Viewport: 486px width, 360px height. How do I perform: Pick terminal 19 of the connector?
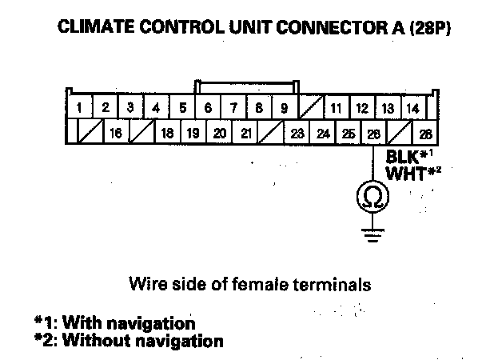click(x=193, y=133)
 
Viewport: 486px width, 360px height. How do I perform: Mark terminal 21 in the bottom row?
click(x=246, y=133)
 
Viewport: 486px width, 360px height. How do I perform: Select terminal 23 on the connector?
click(x=297, y=133)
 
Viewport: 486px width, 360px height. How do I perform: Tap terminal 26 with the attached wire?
click(x=373, y=133)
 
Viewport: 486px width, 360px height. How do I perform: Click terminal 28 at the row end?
click(x=425, y=133)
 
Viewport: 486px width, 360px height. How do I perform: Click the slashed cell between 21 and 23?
click(x=272, y=133)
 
